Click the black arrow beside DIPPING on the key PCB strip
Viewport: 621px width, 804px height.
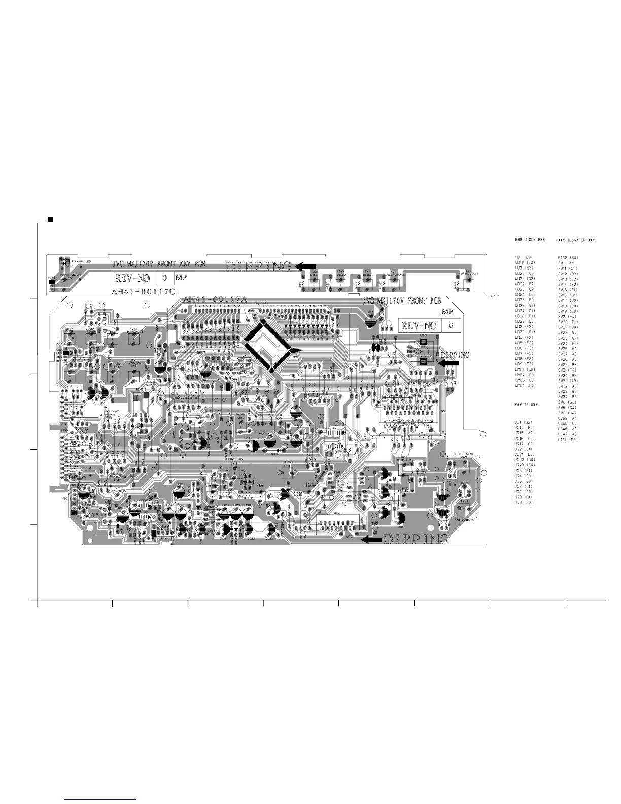(x=305, y=266)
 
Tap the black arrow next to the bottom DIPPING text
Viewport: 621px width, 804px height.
(x=372, y=540)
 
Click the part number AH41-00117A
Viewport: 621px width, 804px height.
(x=215, y=300)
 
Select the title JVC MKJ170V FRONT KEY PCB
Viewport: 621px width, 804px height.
(x=159, y=264)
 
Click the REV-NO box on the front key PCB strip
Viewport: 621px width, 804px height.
(x=142, y=278)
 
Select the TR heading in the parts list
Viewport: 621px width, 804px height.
(x=526, y=405)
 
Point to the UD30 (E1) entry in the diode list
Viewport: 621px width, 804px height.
(x=525, y=332)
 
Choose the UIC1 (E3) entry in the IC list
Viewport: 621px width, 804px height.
(x=568, y=440)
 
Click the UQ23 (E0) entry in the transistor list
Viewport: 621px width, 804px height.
(x=525, y=465)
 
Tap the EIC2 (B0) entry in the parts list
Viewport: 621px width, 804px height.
(x=568, y=258)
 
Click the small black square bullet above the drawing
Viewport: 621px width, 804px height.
(x=50, y=219)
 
